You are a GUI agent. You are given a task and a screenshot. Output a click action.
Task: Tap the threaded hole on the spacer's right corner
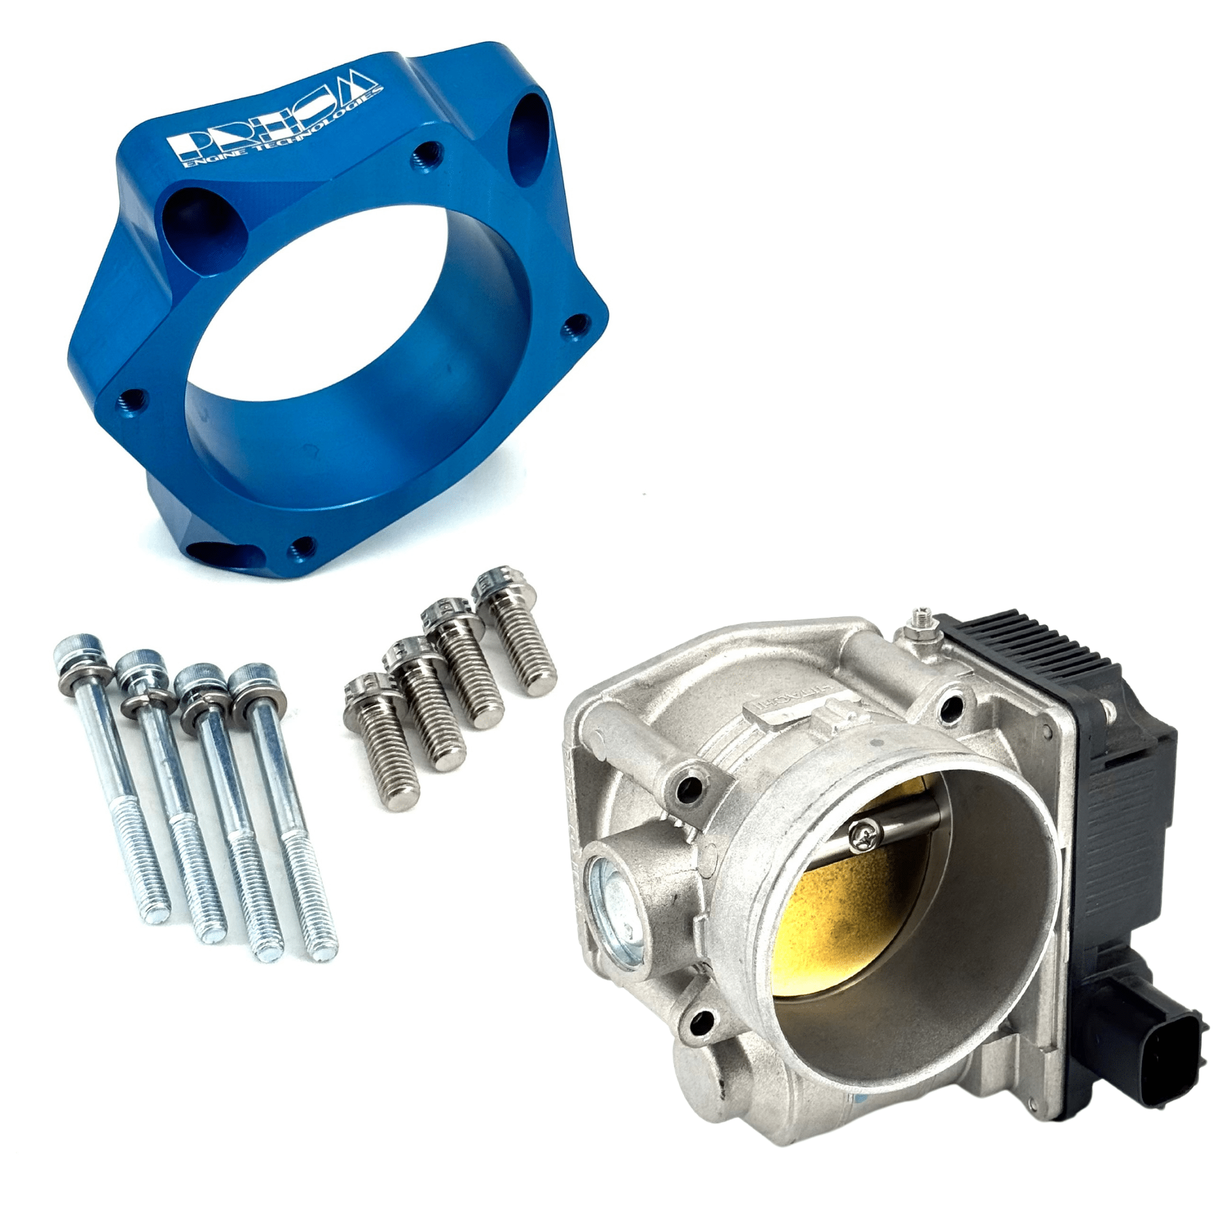(577, 326)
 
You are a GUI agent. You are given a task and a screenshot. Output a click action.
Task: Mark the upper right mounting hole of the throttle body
(951, 705)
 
